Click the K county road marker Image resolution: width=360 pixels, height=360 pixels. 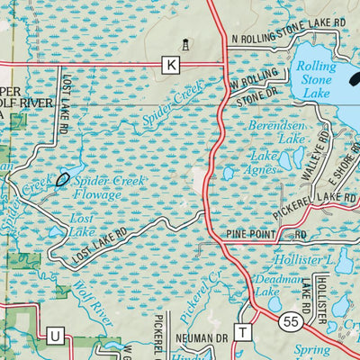pyautogui.click(x=171, y=64)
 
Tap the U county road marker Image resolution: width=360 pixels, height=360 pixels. pyautogui.click(x=54, y=336)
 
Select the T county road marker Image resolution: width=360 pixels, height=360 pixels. pyautogui.click(x=241, y=332)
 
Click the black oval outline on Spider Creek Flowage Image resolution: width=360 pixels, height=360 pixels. pyautogui.click(x=63, y=178)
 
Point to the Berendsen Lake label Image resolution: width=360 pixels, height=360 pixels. pyautogui.click(x=278, y=134)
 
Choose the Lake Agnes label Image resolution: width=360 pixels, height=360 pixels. pyautogui.click(x=268, y=163)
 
